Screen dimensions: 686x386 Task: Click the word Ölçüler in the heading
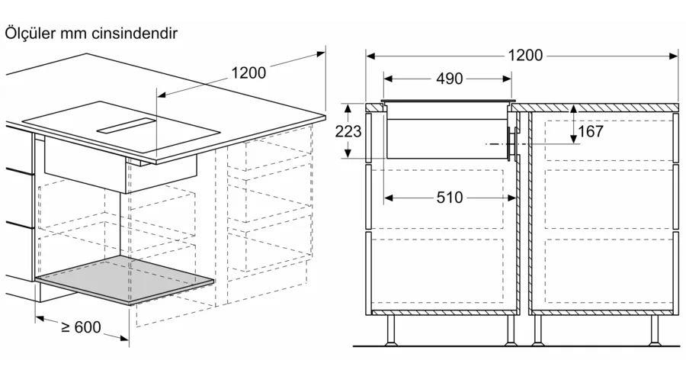(30, 34)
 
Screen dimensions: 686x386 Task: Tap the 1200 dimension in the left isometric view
(248, 72)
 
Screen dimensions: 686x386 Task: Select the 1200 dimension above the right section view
(525, 56)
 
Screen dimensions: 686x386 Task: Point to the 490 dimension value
(449, 79)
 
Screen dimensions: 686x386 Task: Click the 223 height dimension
(348, 131)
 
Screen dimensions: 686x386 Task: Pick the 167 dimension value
(591, 131)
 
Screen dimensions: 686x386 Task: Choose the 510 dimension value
(450, 198)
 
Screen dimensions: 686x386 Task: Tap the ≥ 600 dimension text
(82, 327)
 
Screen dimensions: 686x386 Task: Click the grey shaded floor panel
(125, 280)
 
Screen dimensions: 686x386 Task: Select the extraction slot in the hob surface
(127, 126)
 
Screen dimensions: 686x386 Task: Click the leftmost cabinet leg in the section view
(391, 330)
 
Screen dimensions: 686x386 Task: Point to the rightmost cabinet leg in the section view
(655, 330)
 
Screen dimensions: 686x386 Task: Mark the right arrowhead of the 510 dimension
(512, 198)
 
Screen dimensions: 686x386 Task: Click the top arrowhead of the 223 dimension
(348, 108)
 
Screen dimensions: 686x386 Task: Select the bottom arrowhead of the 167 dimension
(573, 139)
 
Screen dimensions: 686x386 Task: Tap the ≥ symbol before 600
(66, 326)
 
